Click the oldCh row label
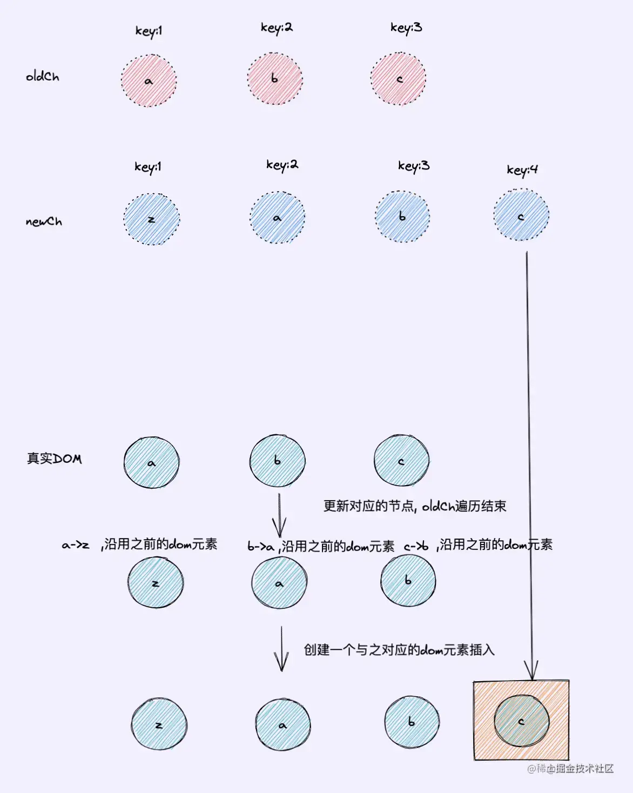point(43,76)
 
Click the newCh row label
point(44,221)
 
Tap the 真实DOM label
point(54,459)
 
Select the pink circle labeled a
point(149,80)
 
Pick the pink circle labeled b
point(275,79)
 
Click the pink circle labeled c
point(399,79)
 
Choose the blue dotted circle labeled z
point(152,219)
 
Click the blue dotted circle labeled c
point(521,215)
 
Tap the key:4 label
point(522,170)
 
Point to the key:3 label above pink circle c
point(406,28)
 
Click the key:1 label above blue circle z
point(148,166)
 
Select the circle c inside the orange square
point(521,721)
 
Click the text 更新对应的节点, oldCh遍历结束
point(415,506)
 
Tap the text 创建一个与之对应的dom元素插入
point(399,650)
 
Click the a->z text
point(76,545)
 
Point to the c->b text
point(416,546)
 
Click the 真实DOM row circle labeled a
point(152,462)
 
